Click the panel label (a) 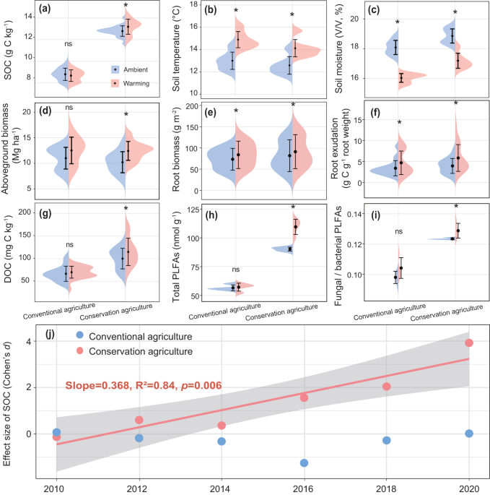coord(43,11)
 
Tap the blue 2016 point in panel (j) coord(305,462)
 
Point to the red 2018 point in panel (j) coord(387,387)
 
